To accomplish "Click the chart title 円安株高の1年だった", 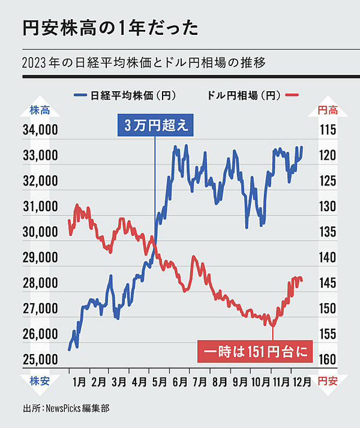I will click(107, 28).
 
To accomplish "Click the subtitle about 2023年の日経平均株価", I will click(143, 62).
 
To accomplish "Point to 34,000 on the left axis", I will click(40, 130).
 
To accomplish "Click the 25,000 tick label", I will click(40, 360).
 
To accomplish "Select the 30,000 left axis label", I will click(40, 232).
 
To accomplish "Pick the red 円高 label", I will click(327, 110).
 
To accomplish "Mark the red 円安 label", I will click(327, 380).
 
